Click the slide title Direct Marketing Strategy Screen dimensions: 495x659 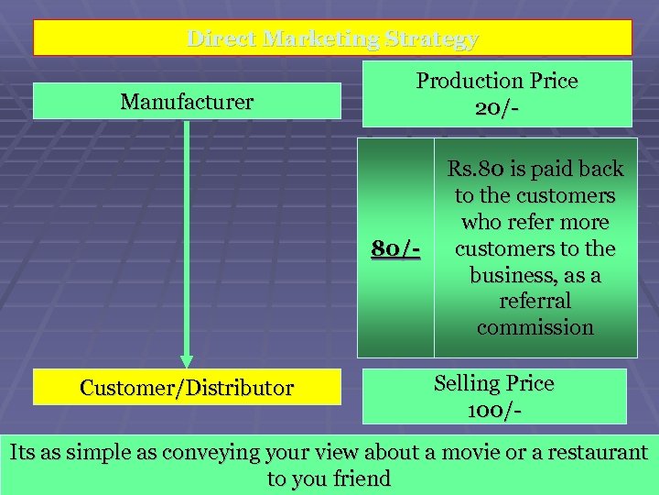[332, 38]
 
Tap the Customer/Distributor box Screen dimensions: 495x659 [187, 388]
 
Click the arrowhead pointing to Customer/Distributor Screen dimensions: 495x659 [187, 360]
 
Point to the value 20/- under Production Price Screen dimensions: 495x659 [497, 108]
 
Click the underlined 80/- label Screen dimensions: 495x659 [395, 247]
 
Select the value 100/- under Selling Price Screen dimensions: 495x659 [494, 411]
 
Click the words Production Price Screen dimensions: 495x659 [497, 81]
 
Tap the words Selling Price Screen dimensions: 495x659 [494, 383]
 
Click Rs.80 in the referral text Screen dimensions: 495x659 [472, 170]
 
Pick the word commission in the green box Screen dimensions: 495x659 [535, 327]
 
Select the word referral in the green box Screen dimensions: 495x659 [535, 301]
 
